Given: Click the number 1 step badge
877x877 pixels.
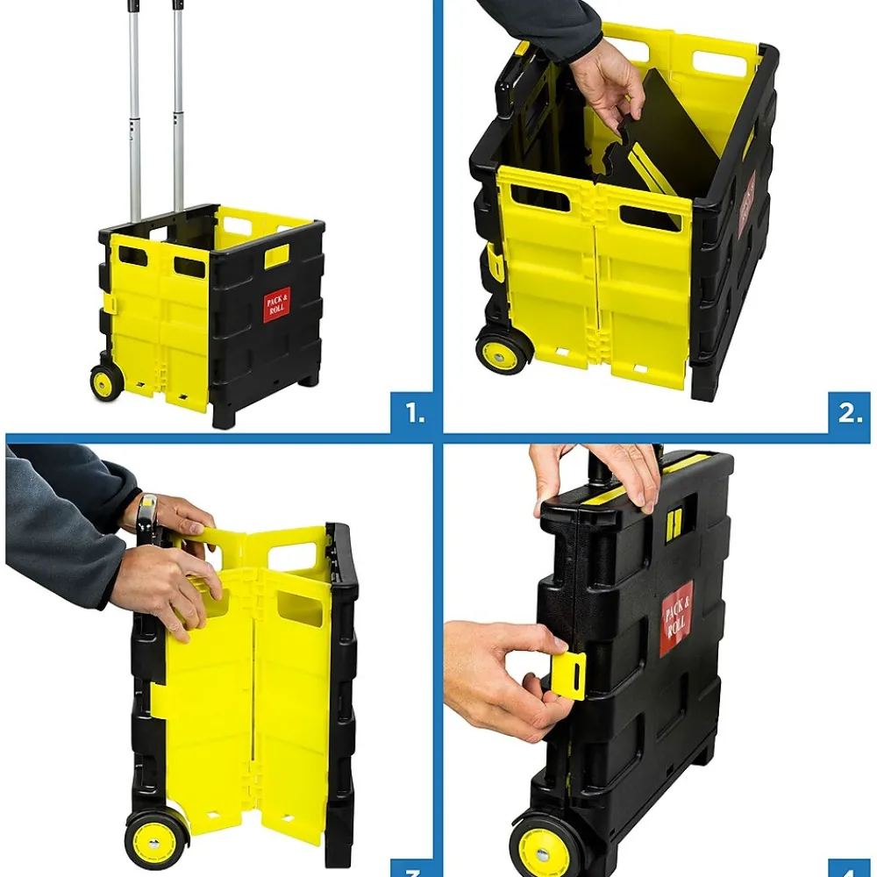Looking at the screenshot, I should pyautogui.click(x=411, y=412).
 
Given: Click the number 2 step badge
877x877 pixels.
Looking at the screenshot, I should pyautogui.click(x=849, y=412).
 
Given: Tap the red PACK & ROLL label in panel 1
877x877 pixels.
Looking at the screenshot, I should pyautogui.click(x=275, y=303).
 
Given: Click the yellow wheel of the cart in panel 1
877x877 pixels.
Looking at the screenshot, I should pyautogui.click(x=107, y=382).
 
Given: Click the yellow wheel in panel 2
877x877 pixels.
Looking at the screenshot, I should pyautogui.click(x=503, y=350).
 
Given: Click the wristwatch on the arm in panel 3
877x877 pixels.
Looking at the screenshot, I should pyautogui.click(x=147, y=517).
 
